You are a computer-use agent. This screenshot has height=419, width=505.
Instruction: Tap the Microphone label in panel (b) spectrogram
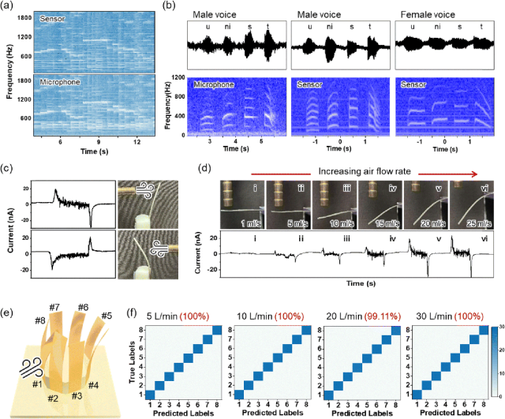pos(214,83)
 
